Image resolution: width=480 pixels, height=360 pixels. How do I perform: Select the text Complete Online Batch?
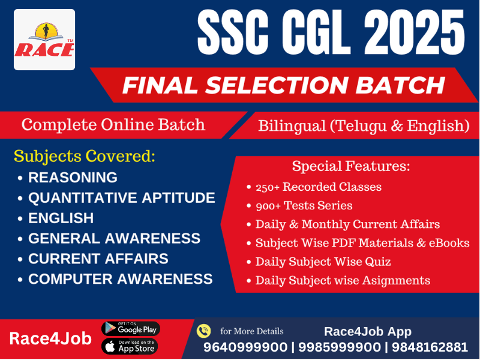(x=113, y=125)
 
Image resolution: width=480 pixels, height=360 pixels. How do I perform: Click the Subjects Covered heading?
(x=85, y=157)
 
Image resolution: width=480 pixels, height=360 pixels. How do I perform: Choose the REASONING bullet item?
(x=73, y=178)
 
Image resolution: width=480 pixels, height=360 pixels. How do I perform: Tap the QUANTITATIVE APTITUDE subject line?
(x=121, y=198)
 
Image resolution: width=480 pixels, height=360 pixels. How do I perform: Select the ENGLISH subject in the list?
(x=61, y=218)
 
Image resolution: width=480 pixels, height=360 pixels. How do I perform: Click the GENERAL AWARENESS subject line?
(x=114, y=238)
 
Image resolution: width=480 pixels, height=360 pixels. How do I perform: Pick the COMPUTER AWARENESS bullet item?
(x=120, y=279)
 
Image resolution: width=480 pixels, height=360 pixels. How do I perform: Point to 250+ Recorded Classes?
(x=318, y=187)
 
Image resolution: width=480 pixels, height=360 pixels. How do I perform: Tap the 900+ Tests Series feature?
(x=304, y=206)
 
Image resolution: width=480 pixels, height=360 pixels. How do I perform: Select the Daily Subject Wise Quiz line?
(x=323, y=262)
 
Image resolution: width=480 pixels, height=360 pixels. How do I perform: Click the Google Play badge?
(x=130, y=328)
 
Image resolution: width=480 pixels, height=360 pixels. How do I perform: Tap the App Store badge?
(x=130, y=346)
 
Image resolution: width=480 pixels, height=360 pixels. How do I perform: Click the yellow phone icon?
(x=204, y=331)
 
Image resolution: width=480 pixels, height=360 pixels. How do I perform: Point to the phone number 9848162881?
(x=428, y=347)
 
